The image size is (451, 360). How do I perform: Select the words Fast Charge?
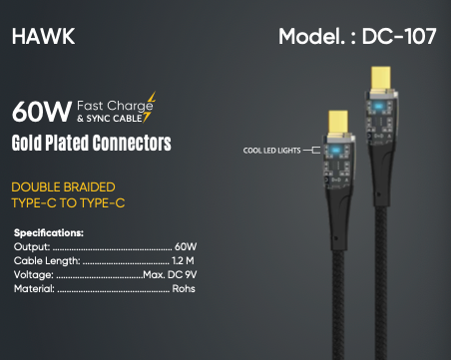pos(115,104)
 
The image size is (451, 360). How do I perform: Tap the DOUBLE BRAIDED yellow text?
pos(63,186)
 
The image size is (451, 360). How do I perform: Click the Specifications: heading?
pos(49,232)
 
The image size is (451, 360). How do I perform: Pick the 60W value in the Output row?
pos(185,246)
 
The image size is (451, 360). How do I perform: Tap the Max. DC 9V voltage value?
pos(170,274)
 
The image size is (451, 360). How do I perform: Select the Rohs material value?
pos(183,288)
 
